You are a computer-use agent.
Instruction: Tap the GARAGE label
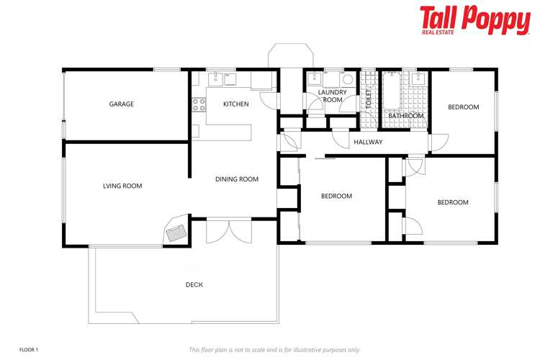tap(121, 104)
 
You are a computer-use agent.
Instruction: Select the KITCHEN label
tap(235, 104)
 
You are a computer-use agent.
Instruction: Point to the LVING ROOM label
tap(122, 186)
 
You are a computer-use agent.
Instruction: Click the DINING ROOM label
tap(236, 179)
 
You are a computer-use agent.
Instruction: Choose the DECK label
tap(194, 285)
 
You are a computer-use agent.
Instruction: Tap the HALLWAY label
tap(368, 143)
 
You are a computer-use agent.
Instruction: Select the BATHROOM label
tap(406, 116)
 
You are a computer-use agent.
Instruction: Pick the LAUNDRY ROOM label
tap(333, 96)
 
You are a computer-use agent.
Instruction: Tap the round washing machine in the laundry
tap(346, 80)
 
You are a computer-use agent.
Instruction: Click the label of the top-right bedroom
tap(463, 107)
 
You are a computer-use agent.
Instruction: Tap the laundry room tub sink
tap(315, 78)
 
